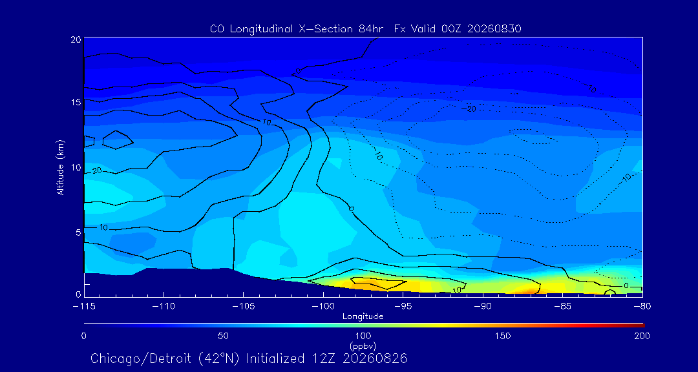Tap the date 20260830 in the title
pos(496,29)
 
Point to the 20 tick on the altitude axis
pos(76,39)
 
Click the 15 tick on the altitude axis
pos(76,102)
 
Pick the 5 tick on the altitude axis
pos(78,232)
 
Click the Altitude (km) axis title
pos(60,167)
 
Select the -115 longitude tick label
pos(84,307)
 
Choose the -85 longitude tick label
pos(563,307)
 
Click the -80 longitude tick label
pos(642,307)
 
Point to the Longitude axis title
pos(363,317)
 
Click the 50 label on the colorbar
pos(224,336)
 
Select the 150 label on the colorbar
pos(503,336)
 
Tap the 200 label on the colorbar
pos(642,336)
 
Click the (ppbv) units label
pos(363,346)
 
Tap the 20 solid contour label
pos(98,170)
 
